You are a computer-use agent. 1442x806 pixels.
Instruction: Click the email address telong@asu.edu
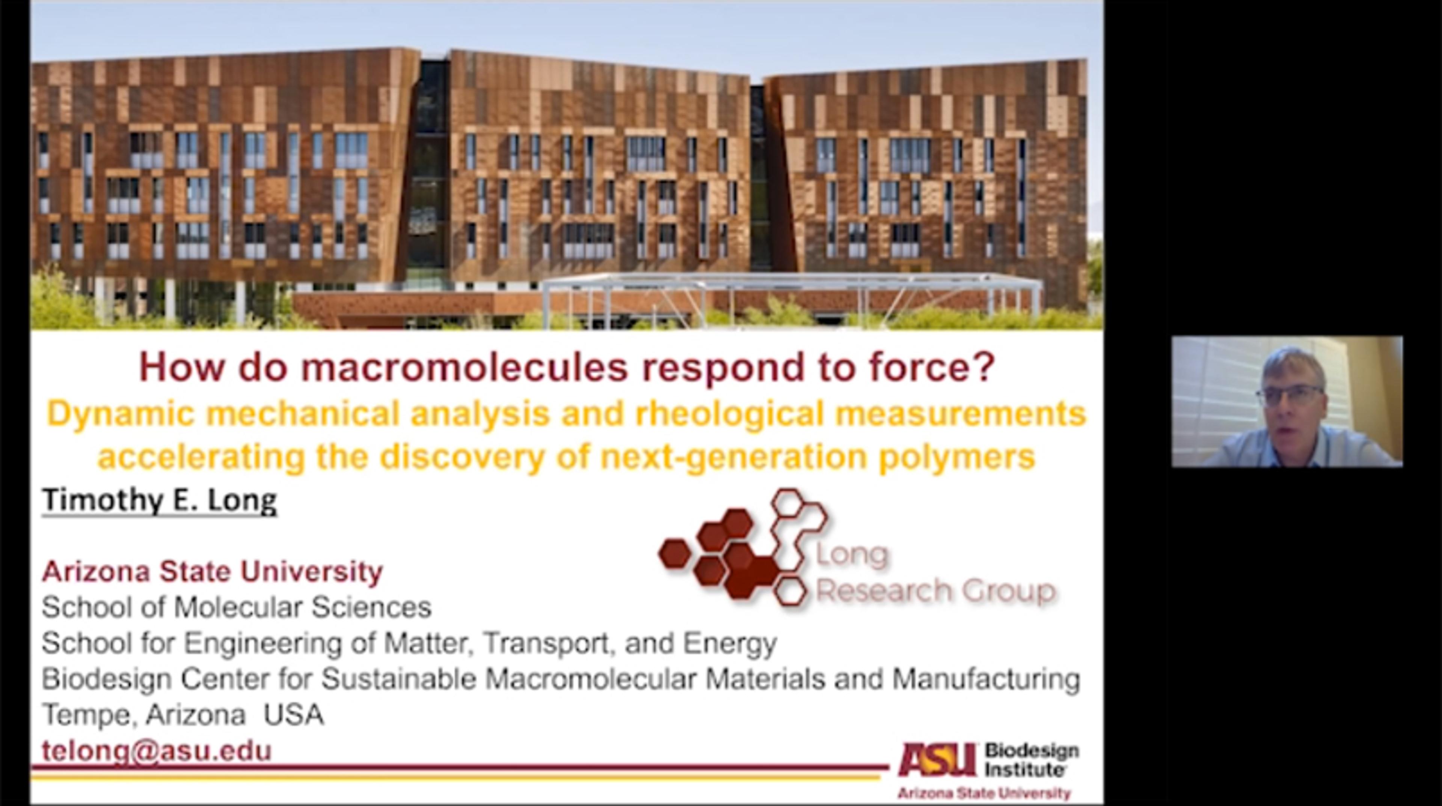point(157,750)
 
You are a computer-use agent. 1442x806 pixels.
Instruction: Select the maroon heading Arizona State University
point(212,571)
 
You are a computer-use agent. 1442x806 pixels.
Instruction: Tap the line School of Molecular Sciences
point(236,607)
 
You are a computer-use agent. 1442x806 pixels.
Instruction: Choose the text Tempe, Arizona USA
point(183,715)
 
